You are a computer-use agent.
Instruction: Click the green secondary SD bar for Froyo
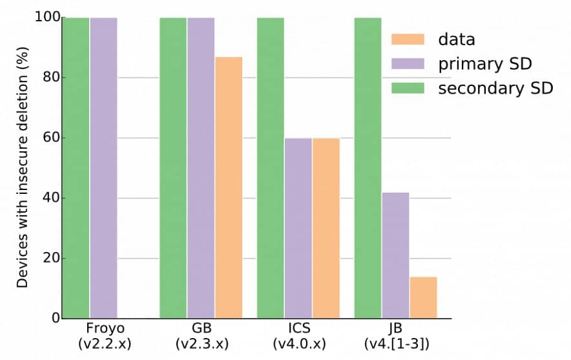click(x=75, y=168)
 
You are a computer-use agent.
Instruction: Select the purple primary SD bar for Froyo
click(x=103, y=168)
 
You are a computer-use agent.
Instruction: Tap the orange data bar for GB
click(x=229, y=187)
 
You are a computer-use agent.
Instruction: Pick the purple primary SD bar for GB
click(x=201, y=168)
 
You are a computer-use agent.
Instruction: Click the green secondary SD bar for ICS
click(x=271, y=168)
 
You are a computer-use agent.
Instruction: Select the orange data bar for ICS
click(x=326, y=228)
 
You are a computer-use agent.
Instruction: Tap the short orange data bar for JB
click(x=423, y=297)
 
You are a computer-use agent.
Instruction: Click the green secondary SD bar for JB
click(x=368, y=168)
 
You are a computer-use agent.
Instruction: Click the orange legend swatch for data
click(x=408, y=39)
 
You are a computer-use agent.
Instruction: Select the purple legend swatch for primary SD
click(x=408, y=63)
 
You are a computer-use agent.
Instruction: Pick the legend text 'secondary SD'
click(x=495, y=88)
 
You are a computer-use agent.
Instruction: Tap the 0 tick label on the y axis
click(x=54, y=318)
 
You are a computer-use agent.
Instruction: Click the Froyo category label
click(x=104, y=328)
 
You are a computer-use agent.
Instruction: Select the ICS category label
click(x=298, y=328)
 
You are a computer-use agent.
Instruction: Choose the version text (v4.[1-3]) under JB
click(x=396, y=343)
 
